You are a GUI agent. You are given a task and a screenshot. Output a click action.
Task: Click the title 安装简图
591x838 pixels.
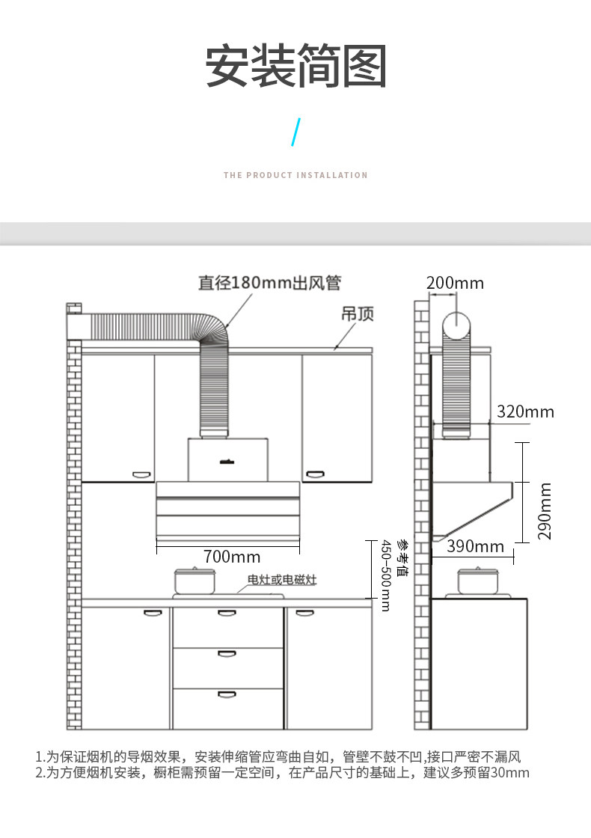(296, 66)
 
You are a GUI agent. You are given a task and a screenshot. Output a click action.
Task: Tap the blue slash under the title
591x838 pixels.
(295, 132)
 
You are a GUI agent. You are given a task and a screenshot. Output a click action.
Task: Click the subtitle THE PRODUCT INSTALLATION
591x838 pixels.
(295, 175)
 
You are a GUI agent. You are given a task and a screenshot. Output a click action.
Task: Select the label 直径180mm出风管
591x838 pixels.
(269, 283)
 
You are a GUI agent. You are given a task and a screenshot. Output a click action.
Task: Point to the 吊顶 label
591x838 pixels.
(358, 314)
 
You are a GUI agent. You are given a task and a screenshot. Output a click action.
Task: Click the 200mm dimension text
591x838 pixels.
(456, 284)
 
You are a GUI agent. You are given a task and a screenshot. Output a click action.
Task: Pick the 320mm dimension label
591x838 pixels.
(525, 412)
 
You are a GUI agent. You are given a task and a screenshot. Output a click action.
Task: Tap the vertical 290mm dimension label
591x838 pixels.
(544, 512)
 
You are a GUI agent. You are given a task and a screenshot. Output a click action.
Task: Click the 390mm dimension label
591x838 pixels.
(475, 546)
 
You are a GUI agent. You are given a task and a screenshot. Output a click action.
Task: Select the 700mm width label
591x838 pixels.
(232, 557)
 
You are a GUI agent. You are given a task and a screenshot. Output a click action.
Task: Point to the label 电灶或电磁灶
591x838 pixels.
(282, 579)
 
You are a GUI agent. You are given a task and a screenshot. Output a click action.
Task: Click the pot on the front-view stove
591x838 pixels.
(195, 581)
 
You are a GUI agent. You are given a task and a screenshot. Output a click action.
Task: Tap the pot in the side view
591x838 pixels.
(478, 581)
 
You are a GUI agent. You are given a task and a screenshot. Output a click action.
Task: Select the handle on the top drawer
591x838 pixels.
(227, 613)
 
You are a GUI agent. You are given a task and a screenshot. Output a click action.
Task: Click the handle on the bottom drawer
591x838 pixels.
(227, 694)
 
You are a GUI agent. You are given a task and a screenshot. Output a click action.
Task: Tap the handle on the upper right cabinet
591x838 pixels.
(315, 474)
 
